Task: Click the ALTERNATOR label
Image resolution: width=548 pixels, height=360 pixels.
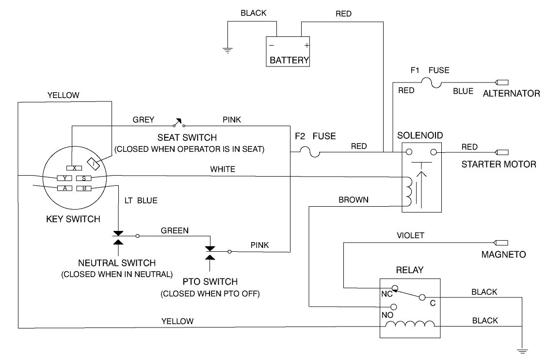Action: point(511,93)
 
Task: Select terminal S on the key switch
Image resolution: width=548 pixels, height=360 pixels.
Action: point(84,178)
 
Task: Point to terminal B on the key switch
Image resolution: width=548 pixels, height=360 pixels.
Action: point(84,188)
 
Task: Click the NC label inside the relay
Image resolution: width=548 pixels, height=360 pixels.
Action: point(386,294)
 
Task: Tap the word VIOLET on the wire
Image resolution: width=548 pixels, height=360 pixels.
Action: point(410,236)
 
